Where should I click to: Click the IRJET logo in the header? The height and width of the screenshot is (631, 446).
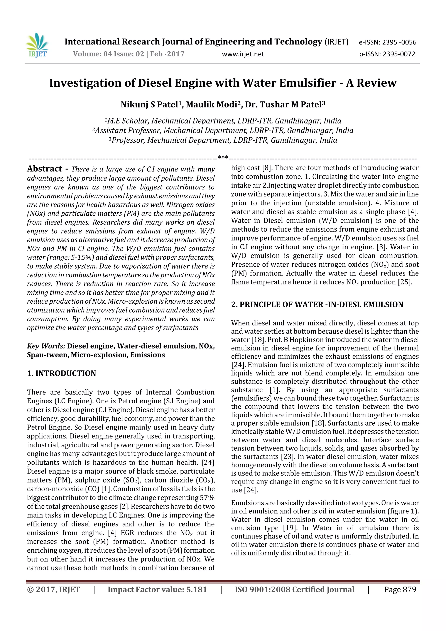pyautogui.click(x=38, y=46)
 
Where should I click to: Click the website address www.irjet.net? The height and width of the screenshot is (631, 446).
pyautogui.click(x=243, y=54)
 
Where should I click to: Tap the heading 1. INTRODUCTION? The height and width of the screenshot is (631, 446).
pyautogui.click(x=62, y=373)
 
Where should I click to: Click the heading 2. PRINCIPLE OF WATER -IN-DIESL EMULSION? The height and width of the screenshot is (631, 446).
pyautogui.click(x=317, y=305)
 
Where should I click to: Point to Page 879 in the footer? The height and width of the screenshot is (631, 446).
pyautogui.click(x=400, y=589)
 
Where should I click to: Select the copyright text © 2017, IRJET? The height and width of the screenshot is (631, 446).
pyautogui.click(x=54, y=589)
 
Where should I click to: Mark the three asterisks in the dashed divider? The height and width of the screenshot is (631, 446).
pyautogui.click(x=223, y=157)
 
